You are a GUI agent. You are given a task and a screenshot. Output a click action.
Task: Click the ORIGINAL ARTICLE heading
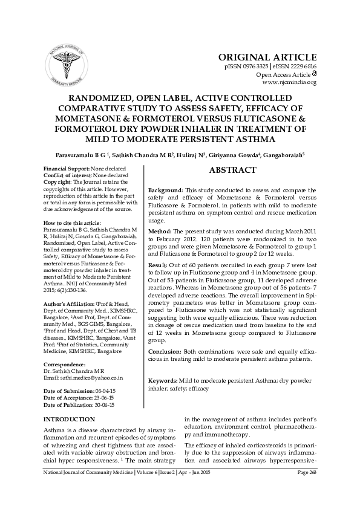(x=269, y=57)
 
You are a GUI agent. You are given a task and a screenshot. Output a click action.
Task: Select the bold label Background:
(x=166, y=190)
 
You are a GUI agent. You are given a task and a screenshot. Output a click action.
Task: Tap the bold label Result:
(x=159, y=265)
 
